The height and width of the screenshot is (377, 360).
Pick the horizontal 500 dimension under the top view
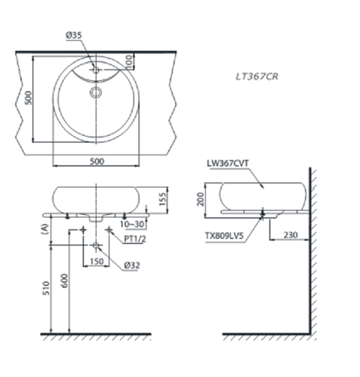(96, 161)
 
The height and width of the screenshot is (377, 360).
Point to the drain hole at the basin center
(96, 93)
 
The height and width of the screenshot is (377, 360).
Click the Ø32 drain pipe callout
(131, 265)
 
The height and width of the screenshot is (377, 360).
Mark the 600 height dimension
(66, 277)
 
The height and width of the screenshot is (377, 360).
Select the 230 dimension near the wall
(288, 235)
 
